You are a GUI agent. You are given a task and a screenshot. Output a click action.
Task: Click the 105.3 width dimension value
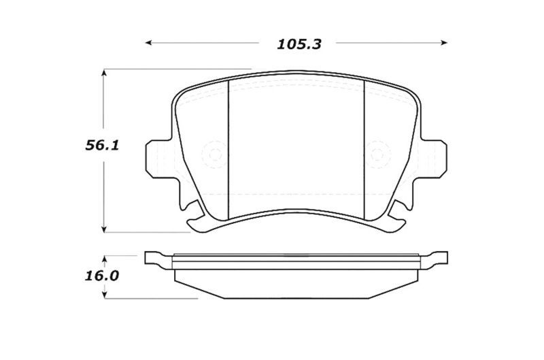(299, 44)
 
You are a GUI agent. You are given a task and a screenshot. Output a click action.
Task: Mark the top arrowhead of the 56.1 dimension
(103, 71)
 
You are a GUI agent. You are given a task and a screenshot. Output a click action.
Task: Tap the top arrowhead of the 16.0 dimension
(103, 259)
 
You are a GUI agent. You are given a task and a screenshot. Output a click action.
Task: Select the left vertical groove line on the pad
(227, 146)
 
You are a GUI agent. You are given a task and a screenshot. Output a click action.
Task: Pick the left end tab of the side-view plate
(155, 259)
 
